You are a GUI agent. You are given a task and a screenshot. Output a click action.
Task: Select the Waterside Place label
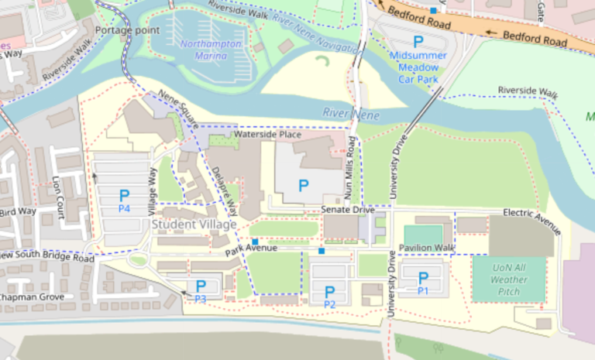click(267, 135)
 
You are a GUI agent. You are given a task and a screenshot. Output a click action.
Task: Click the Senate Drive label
click(348, 211)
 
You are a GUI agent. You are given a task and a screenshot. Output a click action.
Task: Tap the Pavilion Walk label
click(426, 248)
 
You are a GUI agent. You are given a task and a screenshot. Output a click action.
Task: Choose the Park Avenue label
click(251, 249)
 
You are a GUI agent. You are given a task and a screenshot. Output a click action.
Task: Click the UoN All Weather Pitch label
click(508, 279)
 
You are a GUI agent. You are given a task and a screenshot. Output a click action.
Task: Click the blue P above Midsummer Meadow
click(418, 42)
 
